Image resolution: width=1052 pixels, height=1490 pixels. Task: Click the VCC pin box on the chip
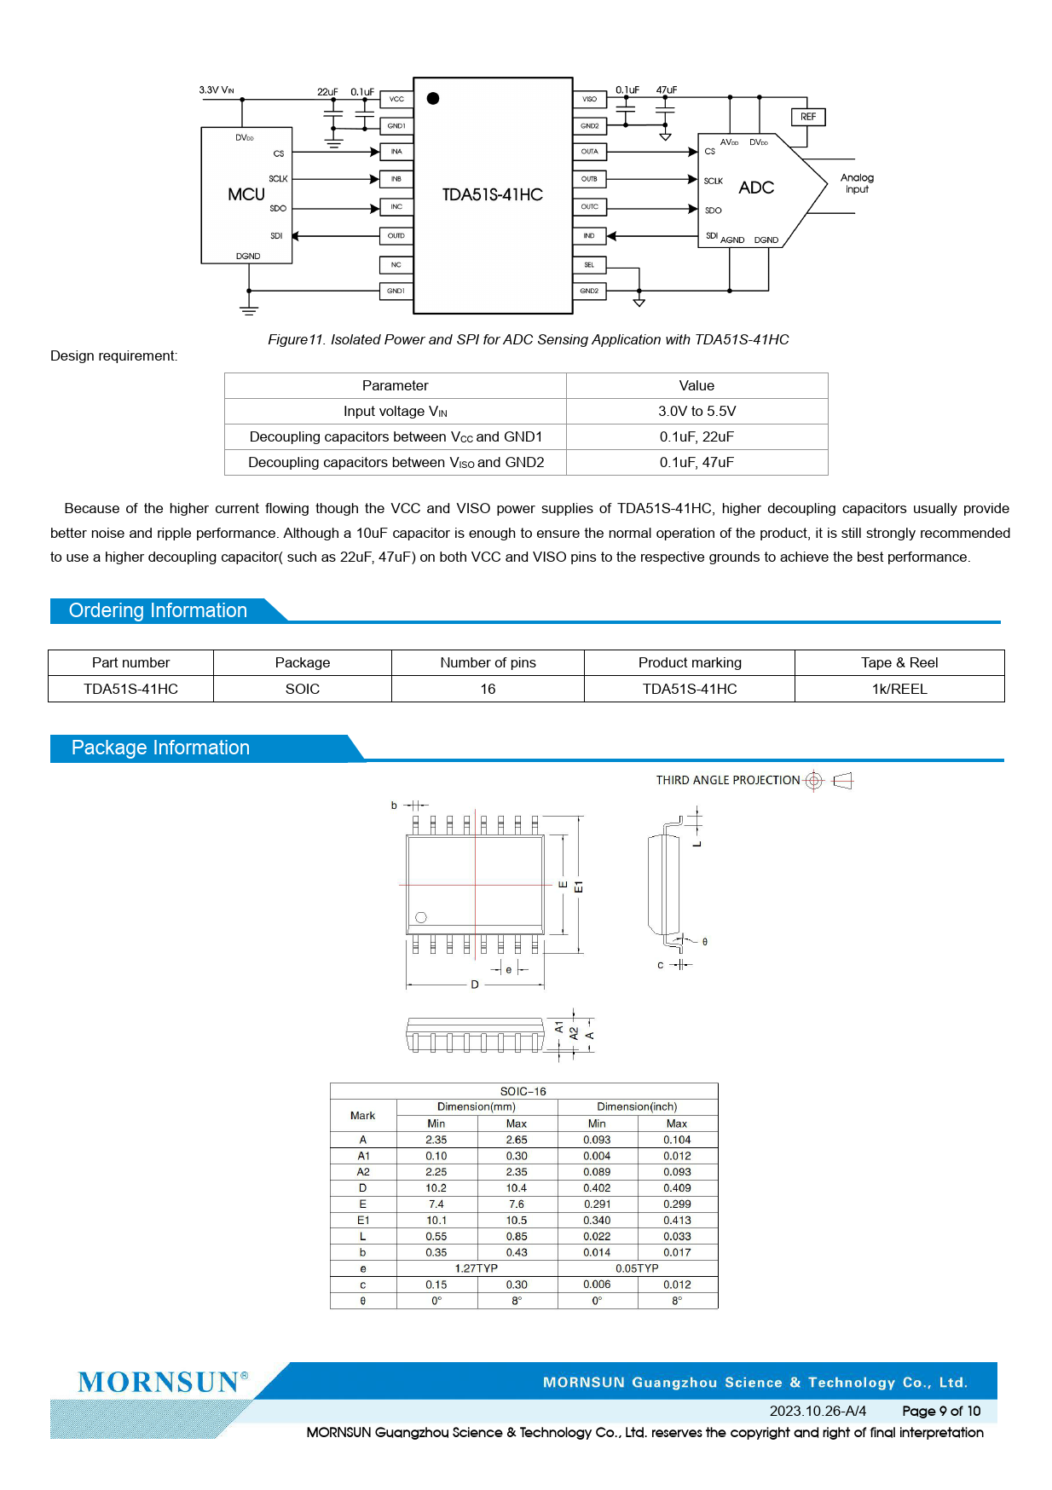[396, 99]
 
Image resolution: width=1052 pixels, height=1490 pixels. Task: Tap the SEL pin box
[589, 265]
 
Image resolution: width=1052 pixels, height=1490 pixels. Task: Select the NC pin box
[396, 265]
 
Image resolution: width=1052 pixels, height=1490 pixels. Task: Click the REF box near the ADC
[808, 117]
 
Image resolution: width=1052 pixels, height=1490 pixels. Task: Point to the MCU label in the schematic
[246, 194]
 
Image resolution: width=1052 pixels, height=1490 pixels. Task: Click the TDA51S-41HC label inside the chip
[492, 194]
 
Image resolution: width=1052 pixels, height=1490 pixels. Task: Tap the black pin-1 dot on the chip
[433, 99]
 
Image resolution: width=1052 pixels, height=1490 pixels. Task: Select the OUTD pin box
[396, 235]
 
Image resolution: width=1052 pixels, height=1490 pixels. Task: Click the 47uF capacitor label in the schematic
[667, 90]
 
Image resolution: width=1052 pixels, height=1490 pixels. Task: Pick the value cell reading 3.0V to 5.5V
[697, 411]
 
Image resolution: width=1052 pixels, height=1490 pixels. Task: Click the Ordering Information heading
[159, 610]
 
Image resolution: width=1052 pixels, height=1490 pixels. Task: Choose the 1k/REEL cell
[899, 689]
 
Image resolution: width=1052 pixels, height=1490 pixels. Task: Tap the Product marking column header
[690, 662]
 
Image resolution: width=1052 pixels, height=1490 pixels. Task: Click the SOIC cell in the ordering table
[303, 689]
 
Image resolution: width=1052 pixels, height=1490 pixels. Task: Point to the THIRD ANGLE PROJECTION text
[728, 780]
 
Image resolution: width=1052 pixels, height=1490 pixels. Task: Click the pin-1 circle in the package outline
[421, 917]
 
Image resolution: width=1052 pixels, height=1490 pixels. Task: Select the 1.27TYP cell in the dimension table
[476, 1268]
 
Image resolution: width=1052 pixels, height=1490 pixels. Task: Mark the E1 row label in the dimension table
[363, 1220]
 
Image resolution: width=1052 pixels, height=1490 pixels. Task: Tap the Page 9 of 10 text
[941, 1411]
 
